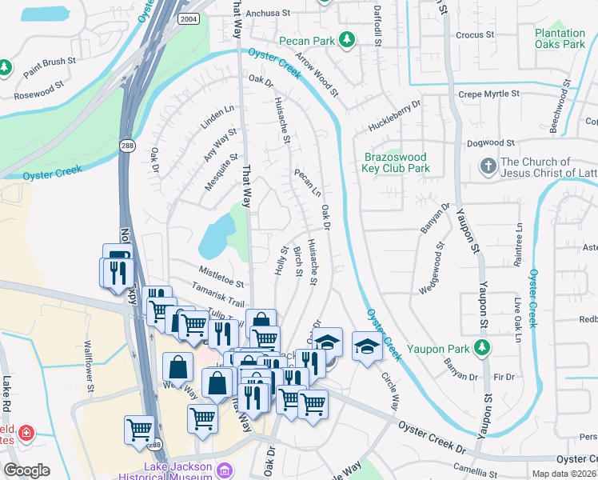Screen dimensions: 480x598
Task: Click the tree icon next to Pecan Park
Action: (x=346, y=39)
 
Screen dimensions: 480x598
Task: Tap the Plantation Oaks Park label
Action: (x=560, y=39)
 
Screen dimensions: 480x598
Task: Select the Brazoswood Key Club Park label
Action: (x=397, y=163)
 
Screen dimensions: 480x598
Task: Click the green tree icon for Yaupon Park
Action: (x=480, y=346)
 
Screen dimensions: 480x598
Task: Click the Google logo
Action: (x=26, y=470)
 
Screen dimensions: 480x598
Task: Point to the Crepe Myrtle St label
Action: (x=488, y=94)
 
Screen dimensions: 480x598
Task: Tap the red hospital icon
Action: (x=26, y=433)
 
